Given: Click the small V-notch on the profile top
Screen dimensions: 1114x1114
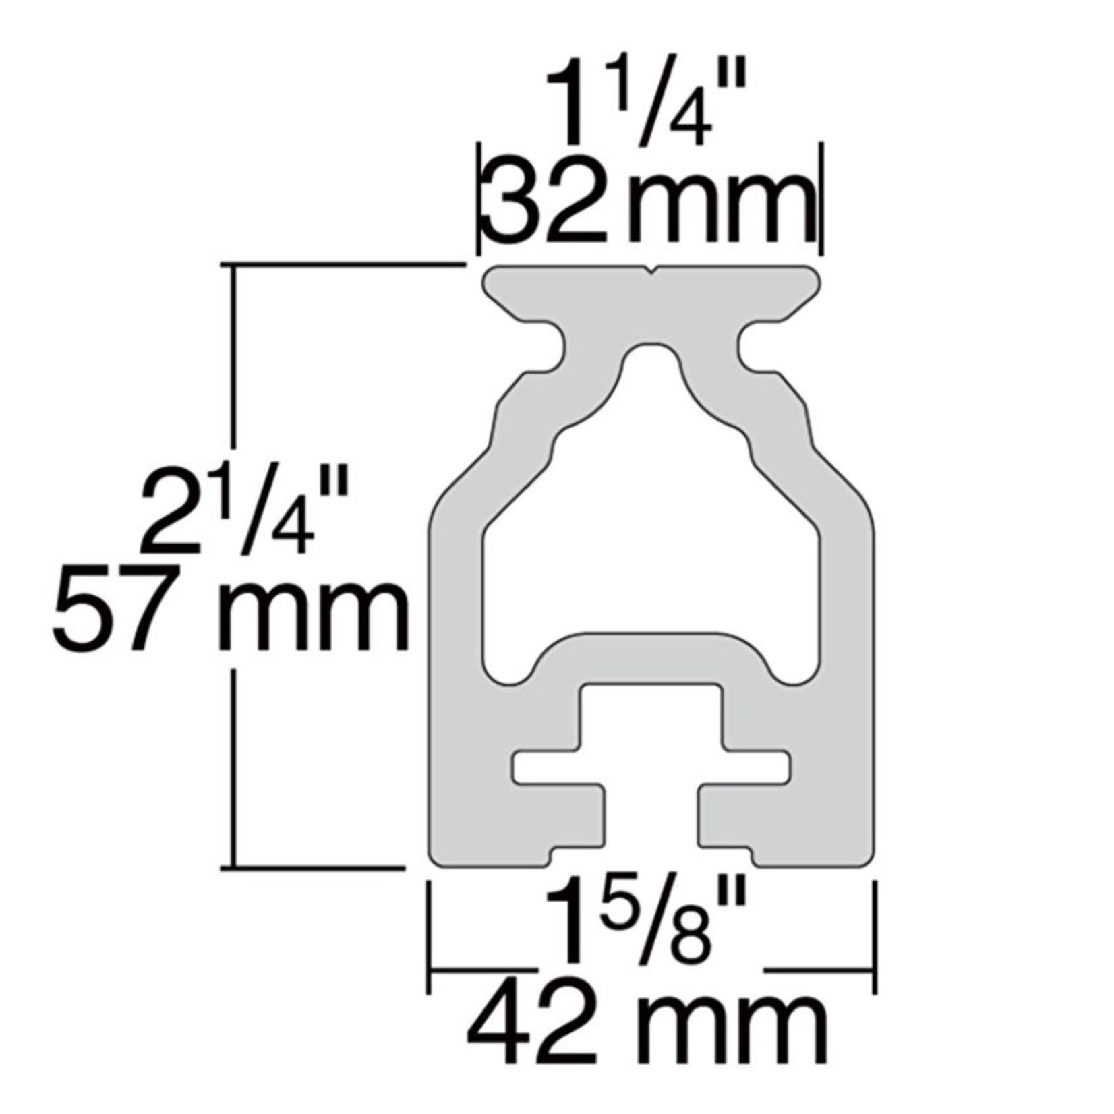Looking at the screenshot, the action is click(651, 272).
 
